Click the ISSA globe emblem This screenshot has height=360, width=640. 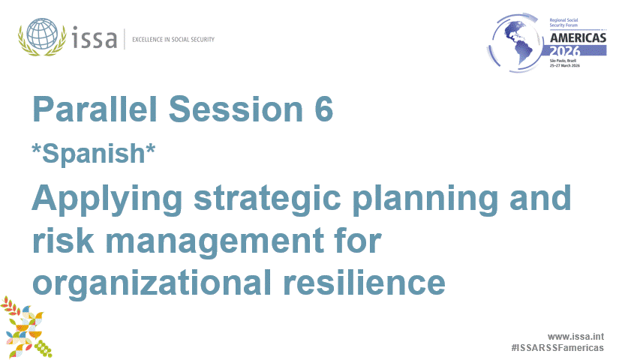click(x=42, y=36)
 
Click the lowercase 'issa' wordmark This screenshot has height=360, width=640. click(x=95, y=37)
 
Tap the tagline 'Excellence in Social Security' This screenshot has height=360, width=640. click(x=173, y=39)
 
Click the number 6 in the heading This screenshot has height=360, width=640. click(x=323, y=110)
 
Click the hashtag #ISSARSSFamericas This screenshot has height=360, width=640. click(x=557, y=349)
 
